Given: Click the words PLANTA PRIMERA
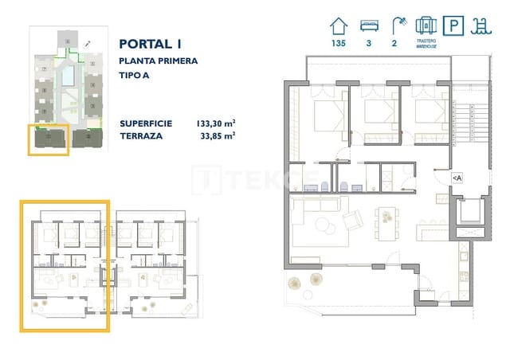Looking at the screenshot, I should [158, 61].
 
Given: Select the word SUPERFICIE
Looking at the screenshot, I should [146, 123].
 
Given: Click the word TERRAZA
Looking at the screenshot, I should [141, 136].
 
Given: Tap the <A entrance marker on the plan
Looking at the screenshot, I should [457, 178].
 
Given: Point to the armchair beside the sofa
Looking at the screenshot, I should [351, 219].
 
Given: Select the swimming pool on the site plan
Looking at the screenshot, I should [69, 76].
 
